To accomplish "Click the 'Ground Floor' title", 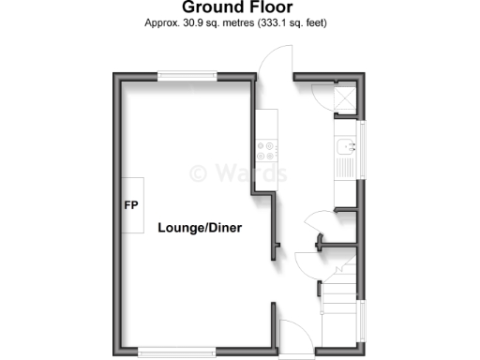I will pos(239,8).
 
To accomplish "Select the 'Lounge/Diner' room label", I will pos(194,228).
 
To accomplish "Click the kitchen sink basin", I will pos(345,146).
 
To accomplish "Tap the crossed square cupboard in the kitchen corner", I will pos(343,100).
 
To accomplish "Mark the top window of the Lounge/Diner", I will pos(185,78).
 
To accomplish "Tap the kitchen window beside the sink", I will pos(364,156).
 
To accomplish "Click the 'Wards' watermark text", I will pos(239,173).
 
